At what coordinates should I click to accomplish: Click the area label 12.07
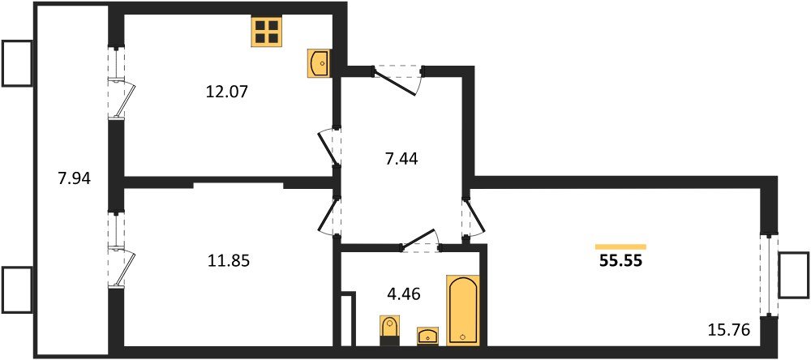click(228, 92)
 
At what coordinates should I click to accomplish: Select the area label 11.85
click(228, 261)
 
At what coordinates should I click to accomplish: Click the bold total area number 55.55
click(620, 262)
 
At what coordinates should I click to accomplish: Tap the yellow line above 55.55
click(620, 246)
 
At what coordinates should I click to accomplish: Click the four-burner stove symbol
click(266, 32)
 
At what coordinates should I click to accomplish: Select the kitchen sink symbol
click(319, 62)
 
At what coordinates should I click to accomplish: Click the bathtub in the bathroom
click(462, 311)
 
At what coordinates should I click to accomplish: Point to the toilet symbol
click(388, 331)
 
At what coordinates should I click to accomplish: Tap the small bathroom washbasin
click(427, 335)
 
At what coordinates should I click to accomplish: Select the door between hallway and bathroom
click(420, 241)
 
